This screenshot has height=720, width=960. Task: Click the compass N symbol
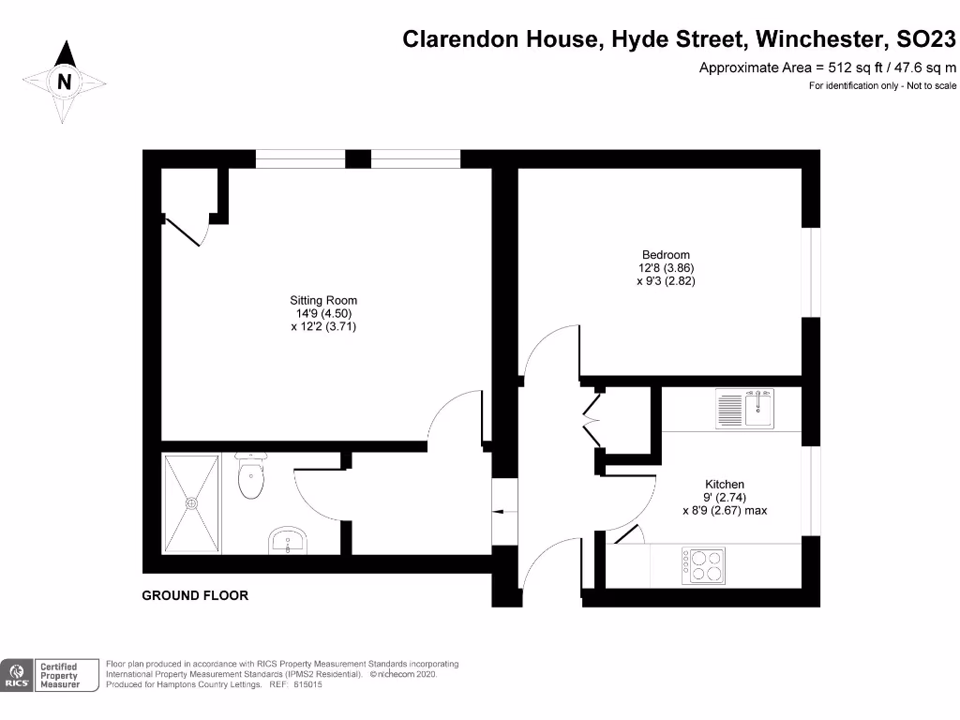[64, 82]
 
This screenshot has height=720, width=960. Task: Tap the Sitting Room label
[323, 300]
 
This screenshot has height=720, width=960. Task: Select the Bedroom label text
[666, 255]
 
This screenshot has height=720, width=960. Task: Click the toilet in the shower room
[251, 477]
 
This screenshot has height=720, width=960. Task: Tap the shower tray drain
[192, 502]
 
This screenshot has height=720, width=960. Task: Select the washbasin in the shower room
[287, 541]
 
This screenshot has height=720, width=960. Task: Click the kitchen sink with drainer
[745, 408]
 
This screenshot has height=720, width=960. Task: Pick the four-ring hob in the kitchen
[703, 564]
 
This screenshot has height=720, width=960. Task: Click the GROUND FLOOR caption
[195, 595]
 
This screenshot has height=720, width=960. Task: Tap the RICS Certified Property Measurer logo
[52, 675]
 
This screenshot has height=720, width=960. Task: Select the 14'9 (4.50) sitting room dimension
[324, 314]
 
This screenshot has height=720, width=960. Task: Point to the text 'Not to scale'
[931, 86]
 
